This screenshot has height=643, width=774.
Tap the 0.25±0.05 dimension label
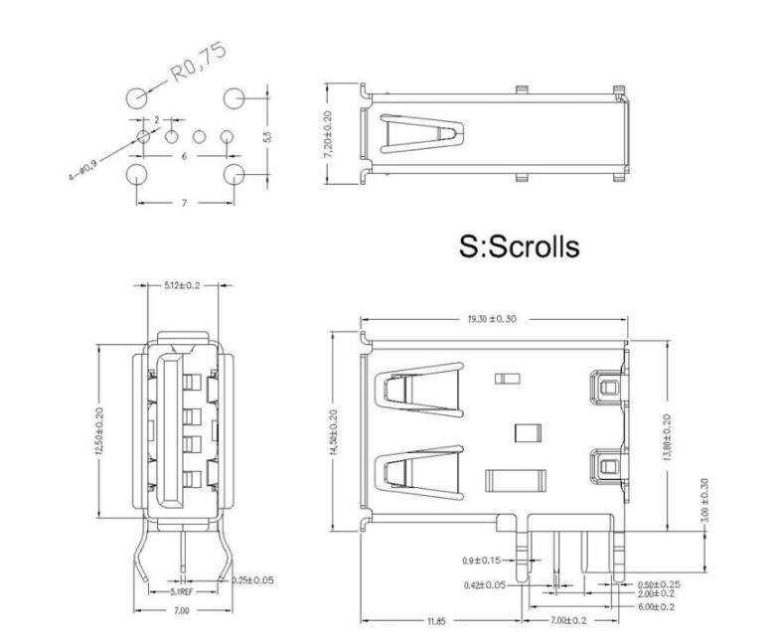(x=252, y=579)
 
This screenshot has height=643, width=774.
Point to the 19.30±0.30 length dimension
(x=493, y=320)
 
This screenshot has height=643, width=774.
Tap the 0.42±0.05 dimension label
(x=484, y=584)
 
